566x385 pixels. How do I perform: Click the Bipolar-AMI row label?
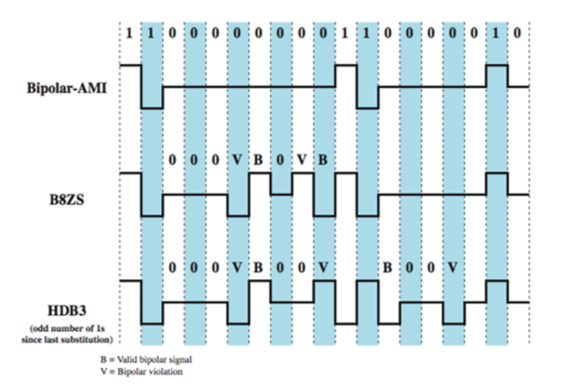[x=67, y=89]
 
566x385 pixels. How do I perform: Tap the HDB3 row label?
[x=67, y=310]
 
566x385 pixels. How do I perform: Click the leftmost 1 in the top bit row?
[x=130, y=34]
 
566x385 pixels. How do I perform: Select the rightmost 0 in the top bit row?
[x=517, y=34]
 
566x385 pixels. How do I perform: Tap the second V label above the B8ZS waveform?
[x=301, y=161]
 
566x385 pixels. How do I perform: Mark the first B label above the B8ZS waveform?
[x=258, y=161]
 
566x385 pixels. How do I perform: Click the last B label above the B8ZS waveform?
[x=323, y=161]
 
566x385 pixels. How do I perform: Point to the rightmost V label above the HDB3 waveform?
[x=452, y=268]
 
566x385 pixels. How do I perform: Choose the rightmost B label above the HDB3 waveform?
[x=387, y=268]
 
